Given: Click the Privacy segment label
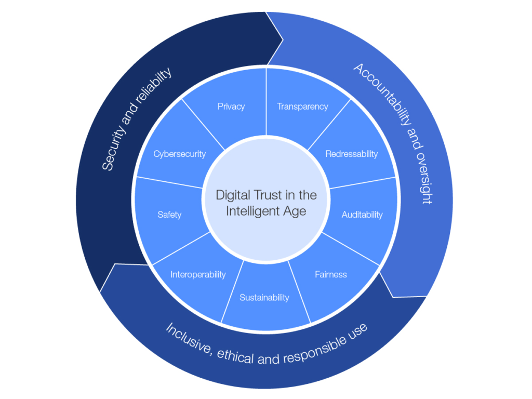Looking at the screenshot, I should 231,107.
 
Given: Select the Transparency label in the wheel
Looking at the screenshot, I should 302,107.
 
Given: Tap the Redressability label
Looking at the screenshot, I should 351,154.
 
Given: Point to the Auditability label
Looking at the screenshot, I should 362,215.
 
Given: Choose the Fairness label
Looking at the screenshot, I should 330,274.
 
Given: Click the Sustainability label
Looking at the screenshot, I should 264,298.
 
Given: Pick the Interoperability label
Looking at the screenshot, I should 198,274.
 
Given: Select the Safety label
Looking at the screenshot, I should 169,215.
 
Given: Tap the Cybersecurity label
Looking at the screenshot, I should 180,154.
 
